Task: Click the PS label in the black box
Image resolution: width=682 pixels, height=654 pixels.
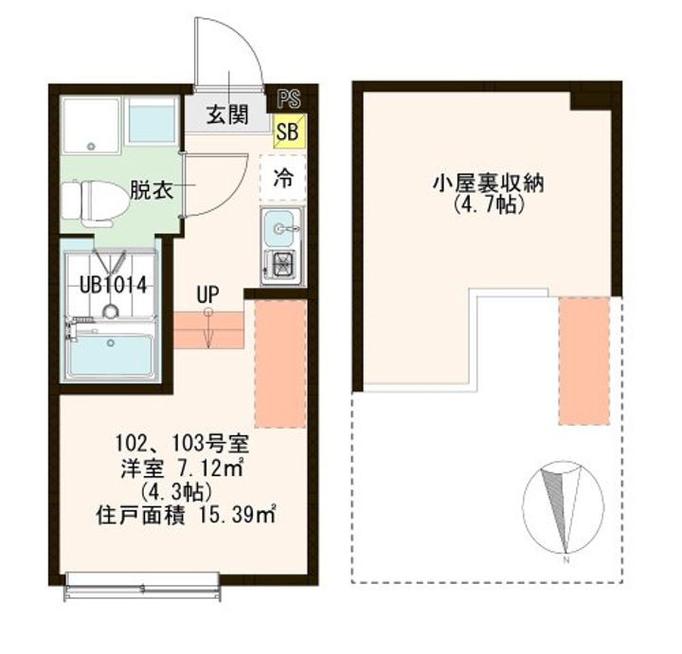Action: click(x=289, y=98)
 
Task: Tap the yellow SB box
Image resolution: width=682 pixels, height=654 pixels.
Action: click(x=289, y=131)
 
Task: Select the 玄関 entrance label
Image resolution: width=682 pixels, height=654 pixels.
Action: click(x=227, y=115)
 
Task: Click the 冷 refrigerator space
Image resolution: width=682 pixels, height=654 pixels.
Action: click(x=283, y=178)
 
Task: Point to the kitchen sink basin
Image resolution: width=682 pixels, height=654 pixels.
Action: click(x=279, y=228)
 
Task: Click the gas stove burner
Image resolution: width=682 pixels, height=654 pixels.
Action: click(x=281, y=263)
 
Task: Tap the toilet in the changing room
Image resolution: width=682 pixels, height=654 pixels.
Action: click(x=96, y=203)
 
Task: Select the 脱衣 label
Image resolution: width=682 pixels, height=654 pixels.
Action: click(x=152, y=190)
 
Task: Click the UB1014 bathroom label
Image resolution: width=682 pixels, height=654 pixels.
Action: click(x=113, y=285)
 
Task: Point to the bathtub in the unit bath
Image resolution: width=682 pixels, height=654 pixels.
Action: click(x=112, y=353)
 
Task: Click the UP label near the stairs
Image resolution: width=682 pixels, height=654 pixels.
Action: click(x=207, y=295)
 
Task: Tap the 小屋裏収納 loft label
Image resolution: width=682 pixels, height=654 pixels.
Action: click(x=488, y=185)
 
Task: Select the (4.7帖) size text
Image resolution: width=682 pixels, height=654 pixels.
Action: click(x=487, y=204)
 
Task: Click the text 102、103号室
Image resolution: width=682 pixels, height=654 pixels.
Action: click(x=182, y=444)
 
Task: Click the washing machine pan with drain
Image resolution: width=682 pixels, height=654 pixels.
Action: click(x=91, y=126)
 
